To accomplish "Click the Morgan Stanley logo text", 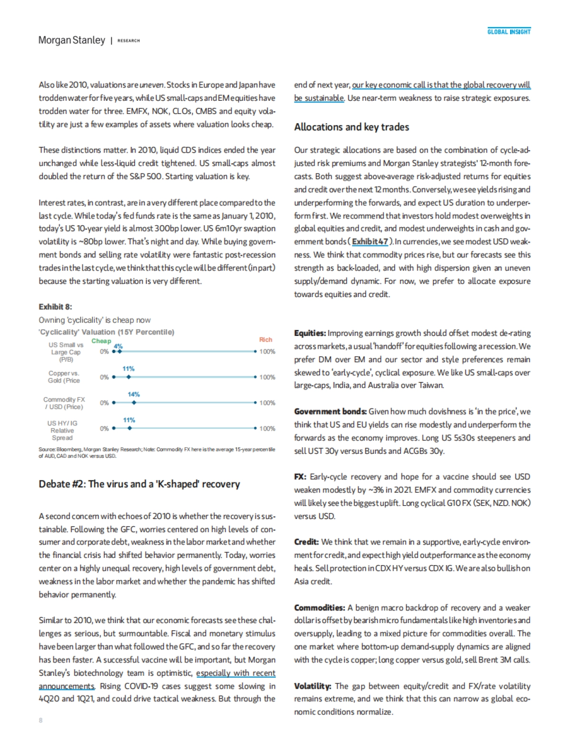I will [x=72, y=40].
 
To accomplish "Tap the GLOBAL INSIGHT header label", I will [x=509, y=32].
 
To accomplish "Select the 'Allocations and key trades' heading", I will [x=351, y=127].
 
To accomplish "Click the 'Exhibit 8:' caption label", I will [x=56, y=307].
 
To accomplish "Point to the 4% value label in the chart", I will [x=118, y=346].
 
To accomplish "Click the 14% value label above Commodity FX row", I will [x=133, y=394].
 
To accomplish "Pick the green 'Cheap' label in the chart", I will [x=101, y=341].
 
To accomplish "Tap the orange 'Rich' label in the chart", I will [x=266, y=339].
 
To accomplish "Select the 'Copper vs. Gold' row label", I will [x=64, y=377].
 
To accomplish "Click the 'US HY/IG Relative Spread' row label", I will [x=62, y=430].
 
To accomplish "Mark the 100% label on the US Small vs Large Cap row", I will [x=267, y=352].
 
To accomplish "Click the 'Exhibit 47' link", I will [x=370, y=241].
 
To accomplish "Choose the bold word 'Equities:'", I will [x=310, y=333].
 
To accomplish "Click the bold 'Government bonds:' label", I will [x=330, y=412].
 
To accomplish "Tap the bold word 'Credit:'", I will [x=306, y=542].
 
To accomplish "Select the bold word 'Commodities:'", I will [x=319, y=607].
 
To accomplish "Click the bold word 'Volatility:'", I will [x=313, y=686].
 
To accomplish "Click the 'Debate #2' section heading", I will [x=139, y=484].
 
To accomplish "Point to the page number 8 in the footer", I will [x=40, y=720].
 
